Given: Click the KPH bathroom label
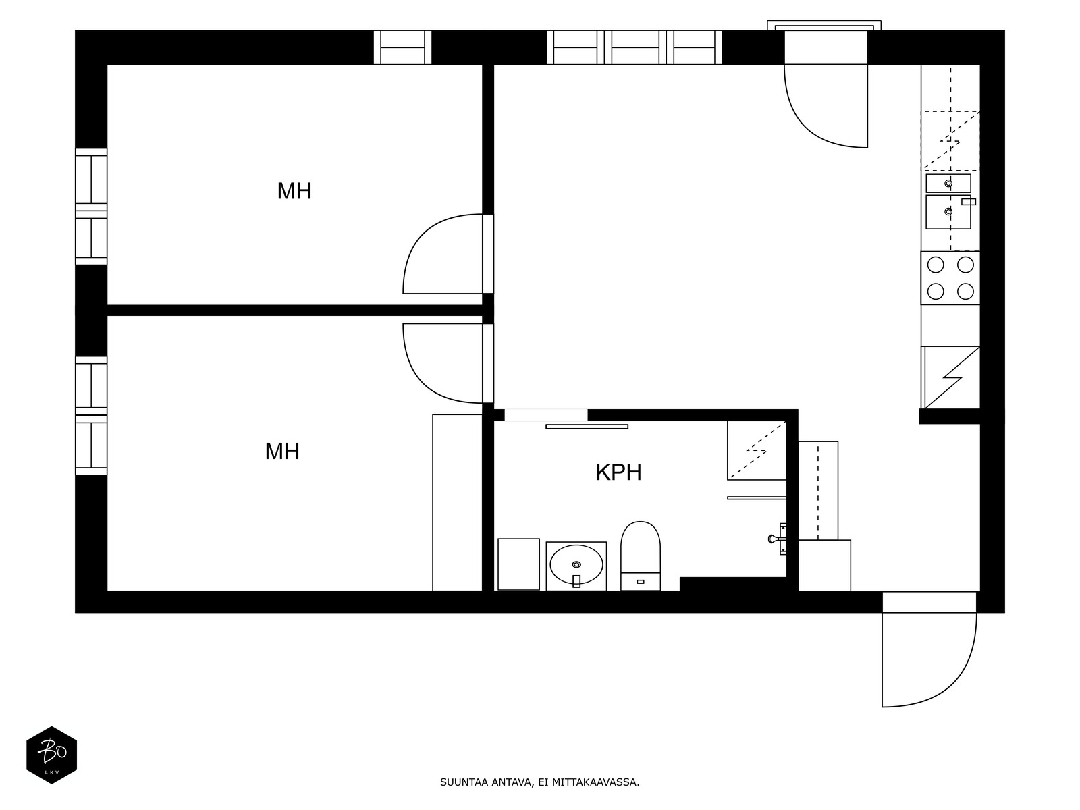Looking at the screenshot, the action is [x=618, y=472].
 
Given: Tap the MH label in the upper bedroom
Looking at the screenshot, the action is [x=294, y=191].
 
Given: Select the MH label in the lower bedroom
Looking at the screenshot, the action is [x=282, y=451].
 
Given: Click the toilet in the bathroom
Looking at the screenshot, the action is [x=640, y=556].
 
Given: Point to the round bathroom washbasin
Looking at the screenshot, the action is [x=576, y=564].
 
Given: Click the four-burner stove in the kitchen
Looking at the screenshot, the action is [x=950, y=278].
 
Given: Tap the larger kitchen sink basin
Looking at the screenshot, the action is [x=948, y=212].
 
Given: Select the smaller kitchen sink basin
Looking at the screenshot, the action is [x=948, y=184].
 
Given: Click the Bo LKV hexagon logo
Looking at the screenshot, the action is [x=52, y=755].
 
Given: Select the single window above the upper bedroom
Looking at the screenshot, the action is [x=402, y=47].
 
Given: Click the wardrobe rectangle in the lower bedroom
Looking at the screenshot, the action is [x=457, y=503].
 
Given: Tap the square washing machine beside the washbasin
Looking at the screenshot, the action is [x=518, y=564].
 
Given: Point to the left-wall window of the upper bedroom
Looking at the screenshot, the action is [x=91, y=207].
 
